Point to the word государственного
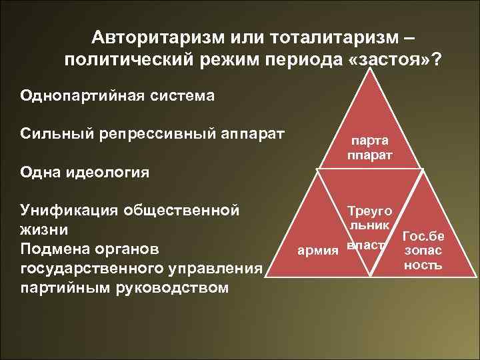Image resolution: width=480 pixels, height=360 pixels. click(86, 268)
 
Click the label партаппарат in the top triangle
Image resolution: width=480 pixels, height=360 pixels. click(369, 147)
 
